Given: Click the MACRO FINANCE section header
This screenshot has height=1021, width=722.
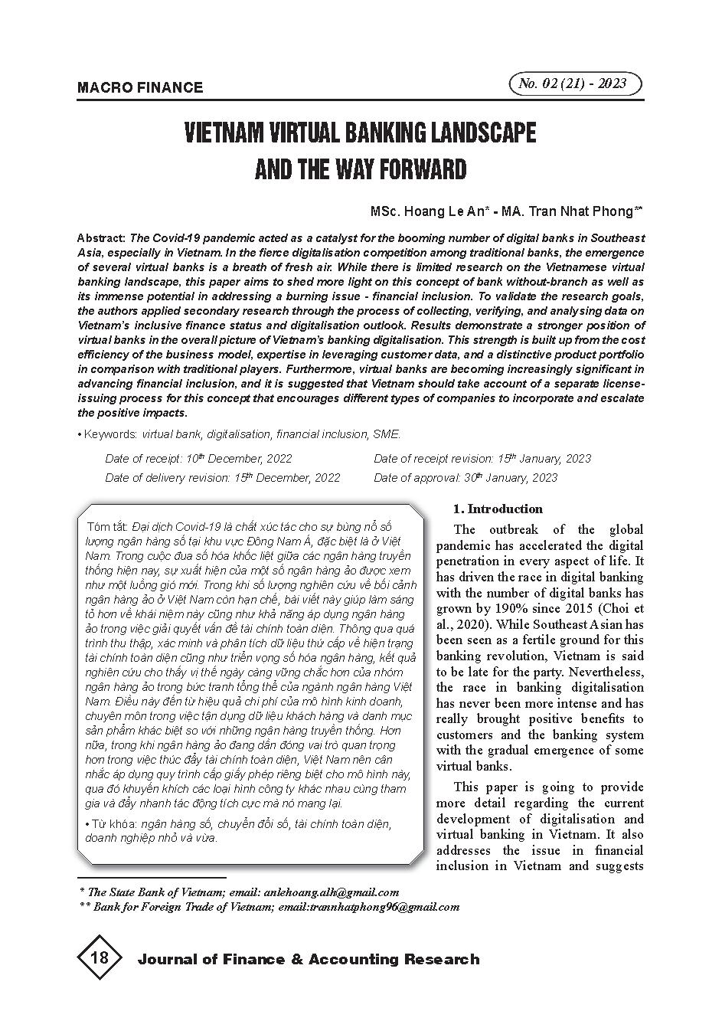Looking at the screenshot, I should pyautogui.click(x=140, y=87).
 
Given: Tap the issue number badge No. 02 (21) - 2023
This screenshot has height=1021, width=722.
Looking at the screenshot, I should pyautogui.click(x=573, y=83).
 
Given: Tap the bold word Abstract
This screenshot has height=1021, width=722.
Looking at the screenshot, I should pyautogui.click(x=102, y=238).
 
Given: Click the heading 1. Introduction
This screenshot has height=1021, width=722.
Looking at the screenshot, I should pyautogui.click(x=498, y=509).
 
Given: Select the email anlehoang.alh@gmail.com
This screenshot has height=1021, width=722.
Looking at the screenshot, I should pyautogui.click(x=330, y=892).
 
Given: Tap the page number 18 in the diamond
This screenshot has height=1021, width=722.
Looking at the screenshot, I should pyautogui.click(x=100, y=958).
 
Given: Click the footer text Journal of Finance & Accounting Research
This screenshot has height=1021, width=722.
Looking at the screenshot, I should pyautogui.click(x=308, y=960).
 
